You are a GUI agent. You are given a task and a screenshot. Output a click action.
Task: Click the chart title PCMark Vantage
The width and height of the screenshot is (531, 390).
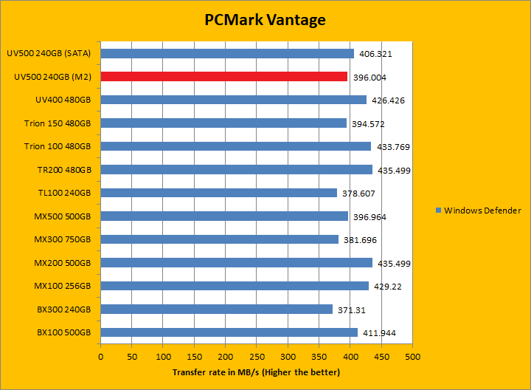[265, 20]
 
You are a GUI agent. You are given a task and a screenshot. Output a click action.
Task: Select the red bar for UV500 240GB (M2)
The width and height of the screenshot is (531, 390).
[223, 76]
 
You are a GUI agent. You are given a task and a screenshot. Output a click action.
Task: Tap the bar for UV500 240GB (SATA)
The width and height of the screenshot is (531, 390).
[227, 53]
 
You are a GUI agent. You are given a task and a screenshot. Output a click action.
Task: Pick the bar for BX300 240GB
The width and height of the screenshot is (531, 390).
[216, 309]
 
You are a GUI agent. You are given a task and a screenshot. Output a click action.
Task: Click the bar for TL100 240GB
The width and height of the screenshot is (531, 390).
[218, 193]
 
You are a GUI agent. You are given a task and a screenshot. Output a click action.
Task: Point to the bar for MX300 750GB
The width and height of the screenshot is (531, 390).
[219, 239]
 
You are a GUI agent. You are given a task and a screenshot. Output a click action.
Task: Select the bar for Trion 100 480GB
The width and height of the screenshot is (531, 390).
[235, 146]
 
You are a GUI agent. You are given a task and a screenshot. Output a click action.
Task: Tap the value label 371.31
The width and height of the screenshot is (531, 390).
[350, 309]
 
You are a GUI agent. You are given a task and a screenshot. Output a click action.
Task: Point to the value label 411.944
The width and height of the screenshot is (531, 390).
[378, 333]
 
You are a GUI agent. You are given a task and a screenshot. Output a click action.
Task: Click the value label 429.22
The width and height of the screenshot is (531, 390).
[386, 287]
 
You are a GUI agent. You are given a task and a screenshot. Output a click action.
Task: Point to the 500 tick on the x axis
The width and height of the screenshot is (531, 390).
[412, 357]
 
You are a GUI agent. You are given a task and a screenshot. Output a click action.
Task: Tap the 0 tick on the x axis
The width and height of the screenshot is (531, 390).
[101, 357]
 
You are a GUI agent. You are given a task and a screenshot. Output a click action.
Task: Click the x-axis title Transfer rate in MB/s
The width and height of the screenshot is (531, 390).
[256, 372]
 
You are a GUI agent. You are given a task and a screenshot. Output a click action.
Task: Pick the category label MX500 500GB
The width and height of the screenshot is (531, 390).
[63, 216]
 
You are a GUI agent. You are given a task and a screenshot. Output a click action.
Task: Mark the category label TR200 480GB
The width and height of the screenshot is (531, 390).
[63, 170]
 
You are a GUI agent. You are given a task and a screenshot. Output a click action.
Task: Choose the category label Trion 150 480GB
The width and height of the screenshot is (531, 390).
[57, 123]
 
